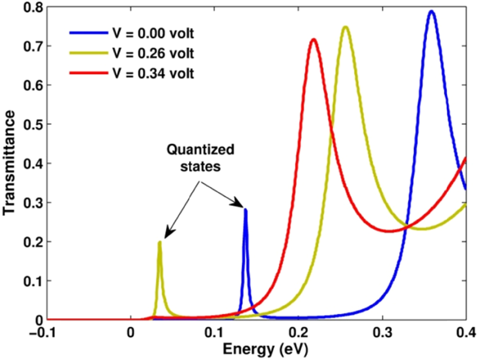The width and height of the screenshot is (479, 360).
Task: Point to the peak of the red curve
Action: [314, 39]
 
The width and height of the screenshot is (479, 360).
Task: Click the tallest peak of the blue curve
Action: [432, 11]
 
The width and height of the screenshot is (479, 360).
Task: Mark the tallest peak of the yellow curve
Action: [345, 27]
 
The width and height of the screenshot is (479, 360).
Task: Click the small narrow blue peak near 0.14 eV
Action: [246, 209]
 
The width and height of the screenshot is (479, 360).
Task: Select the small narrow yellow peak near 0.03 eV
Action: [160, 242]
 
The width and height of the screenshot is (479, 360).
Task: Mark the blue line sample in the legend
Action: [84, 34]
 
